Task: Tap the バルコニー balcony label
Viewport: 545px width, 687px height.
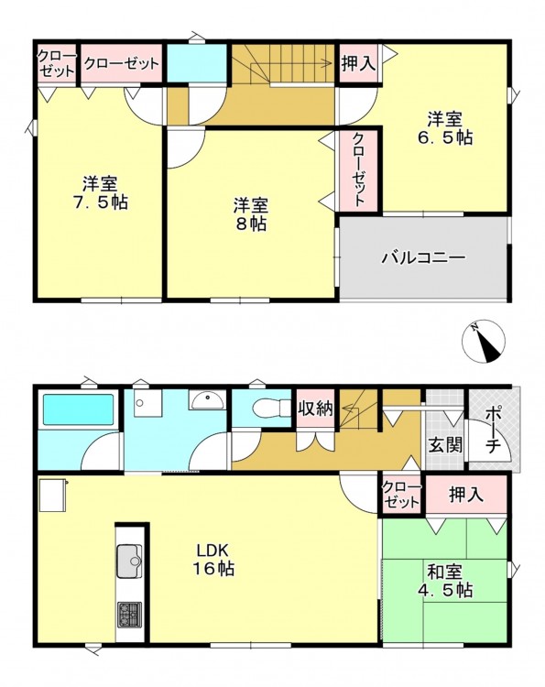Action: point(423,257)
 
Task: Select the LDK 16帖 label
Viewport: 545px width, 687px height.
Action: point(213,560)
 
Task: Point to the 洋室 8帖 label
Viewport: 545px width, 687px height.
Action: point(251,214)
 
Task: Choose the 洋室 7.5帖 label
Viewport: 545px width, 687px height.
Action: point(101,192)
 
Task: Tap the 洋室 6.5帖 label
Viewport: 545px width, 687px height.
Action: point(445,128)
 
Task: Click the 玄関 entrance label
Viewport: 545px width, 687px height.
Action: point(444,446)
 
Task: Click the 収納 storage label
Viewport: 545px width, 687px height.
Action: point(315,409)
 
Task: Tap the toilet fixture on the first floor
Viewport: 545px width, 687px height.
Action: point(272,408)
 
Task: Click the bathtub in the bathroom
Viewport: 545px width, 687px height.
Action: point(77,409)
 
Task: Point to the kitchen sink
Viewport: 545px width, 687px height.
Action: point(129,561)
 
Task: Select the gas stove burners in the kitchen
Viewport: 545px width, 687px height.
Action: point(129,615)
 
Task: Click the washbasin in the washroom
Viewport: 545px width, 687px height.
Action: point(207,400)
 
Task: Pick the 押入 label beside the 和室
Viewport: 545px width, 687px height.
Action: point(466,495)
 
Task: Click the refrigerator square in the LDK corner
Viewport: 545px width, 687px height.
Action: point(52,495)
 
